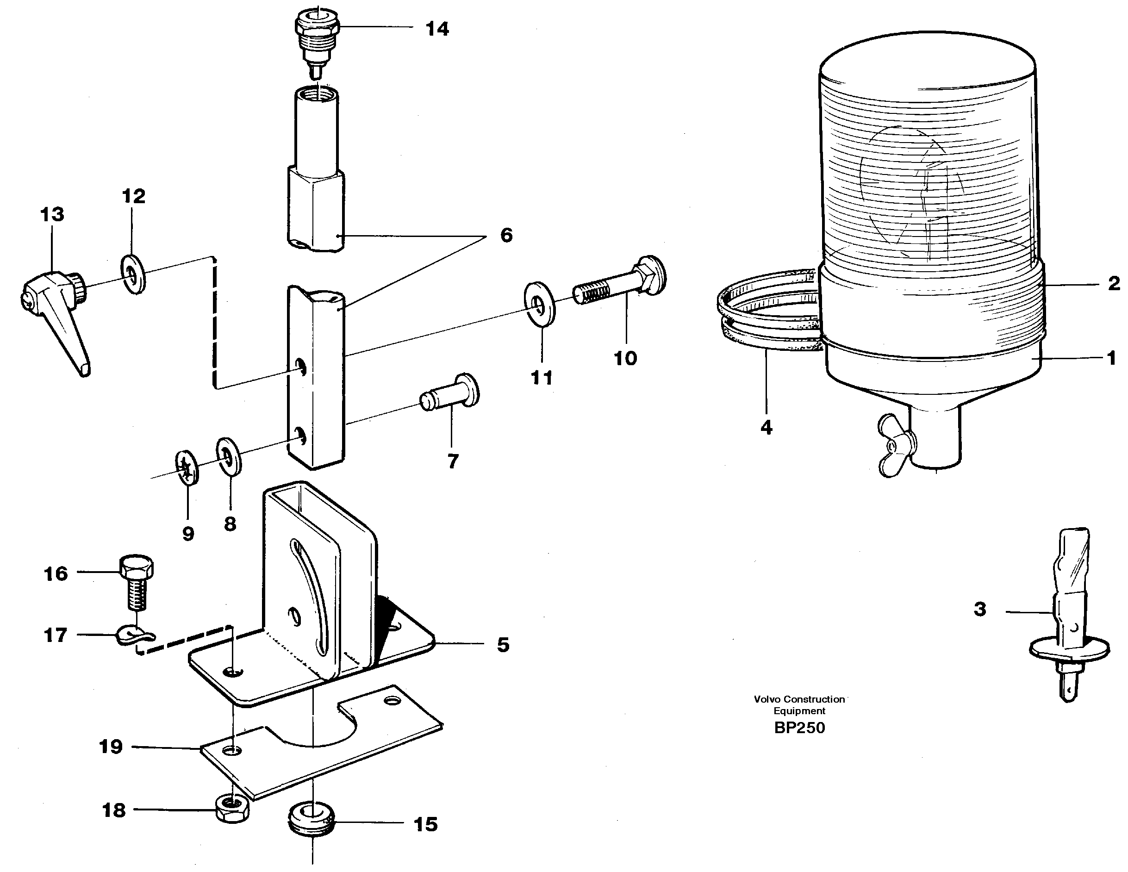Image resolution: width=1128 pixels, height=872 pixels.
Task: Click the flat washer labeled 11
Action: click(x=539, y=304)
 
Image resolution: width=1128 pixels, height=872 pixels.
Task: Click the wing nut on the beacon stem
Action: click(x=897, y=444)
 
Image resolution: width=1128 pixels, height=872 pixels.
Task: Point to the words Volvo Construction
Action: click(x=799, y=699)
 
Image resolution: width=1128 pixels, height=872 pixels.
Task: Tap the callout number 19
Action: click(x=111, y=747)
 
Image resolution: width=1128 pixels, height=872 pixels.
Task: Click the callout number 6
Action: click(x=506, y=236)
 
